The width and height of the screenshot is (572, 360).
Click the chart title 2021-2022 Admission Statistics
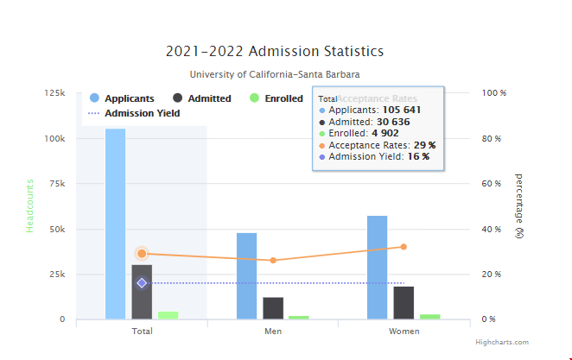(274, 52)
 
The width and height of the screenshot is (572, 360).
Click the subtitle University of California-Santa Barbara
(274, 75)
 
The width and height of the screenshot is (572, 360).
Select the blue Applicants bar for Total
(115, 224)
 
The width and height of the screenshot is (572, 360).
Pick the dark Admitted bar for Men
(273, 308)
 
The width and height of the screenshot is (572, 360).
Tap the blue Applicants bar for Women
(377, 268)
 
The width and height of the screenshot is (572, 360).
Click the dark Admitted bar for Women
(404, 303)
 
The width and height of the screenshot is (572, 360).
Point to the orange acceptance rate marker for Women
(404, 247)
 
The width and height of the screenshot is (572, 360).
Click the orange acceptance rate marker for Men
(273, 260)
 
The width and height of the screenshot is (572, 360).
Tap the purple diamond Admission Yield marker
(142, 283)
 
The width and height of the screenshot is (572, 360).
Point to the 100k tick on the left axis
(54, 138)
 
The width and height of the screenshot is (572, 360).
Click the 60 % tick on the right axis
(493, 184)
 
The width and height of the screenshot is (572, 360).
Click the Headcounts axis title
(29, 207)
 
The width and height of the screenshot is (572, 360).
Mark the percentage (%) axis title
(518, 205)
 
